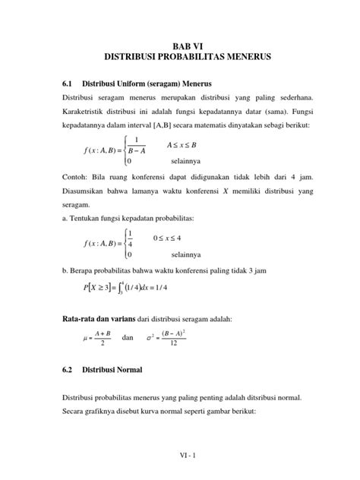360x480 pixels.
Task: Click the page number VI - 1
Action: (x=179, y=456)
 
